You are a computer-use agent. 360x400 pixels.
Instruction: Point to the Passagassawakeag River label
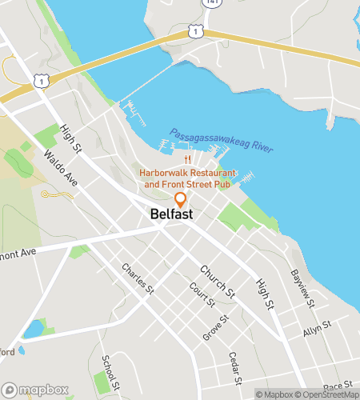point(222,141)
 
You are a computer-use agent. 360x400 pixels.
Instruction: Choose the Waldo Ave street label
point(61,168)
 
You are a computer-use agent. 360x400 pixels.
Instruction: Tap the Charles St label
point(138,281)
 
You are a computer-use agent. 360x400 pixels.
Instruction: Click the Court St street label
point(202,294)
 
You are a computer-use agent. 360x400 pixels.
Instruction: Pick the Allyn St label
point(318,331)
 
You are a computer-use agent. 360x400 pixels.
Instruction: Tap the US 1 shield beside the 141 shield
point(194,30)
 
